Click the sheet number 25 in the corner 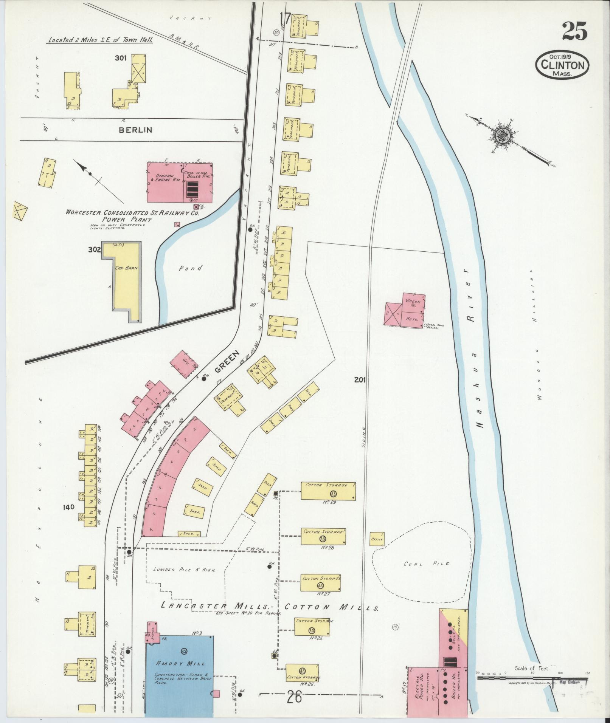(574, 31)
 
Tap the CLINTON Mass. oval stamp (562, 65)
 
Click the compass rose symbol (503, 136)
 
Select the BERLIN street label (135, 130)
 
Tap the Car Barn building (126, 280)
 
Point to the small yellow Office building (377, 539)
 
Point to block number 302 (94, 250)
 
